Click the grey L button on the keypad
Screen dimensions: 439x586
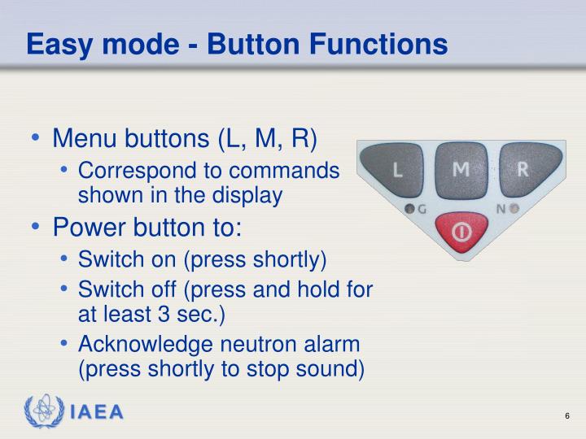coord(397,169)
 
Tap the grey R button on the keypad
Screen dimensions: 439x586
coord(523,169)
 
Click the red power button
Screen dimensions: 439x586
coord(461,233)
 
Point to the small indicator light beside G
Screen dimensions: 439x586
coord(410,209)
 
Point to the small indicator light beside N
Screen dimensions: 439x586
coord(514,208)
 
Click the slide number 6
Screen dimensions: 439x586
coord(566,416)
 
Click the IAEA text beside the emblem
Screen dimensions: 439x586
coord(96,413)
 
